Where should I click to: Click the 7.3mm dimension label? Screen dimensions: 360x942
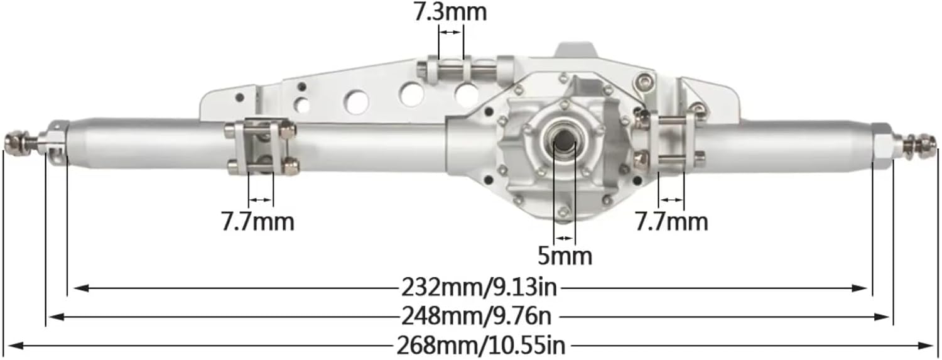450,13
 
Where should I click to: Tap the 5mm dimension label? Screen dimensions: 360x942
565,256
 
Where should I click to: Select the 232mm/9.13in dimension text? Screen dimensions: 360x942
479,288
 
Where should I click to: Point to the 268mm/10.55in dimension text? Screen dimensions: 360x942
480,345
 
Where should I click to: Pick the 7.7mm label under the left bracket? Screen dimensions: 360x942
257,221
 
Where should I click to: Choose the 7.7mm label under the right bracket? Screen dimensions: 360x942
671,221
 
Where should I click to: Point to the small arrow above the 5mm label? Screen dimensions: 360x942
564,237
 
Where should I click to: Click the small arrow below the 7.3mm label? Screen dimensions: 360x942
450,31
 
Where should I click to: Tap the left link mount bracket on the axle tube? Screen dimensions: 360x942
261,146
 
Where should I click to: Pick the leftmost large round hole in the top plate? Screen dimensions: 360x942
357,102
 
